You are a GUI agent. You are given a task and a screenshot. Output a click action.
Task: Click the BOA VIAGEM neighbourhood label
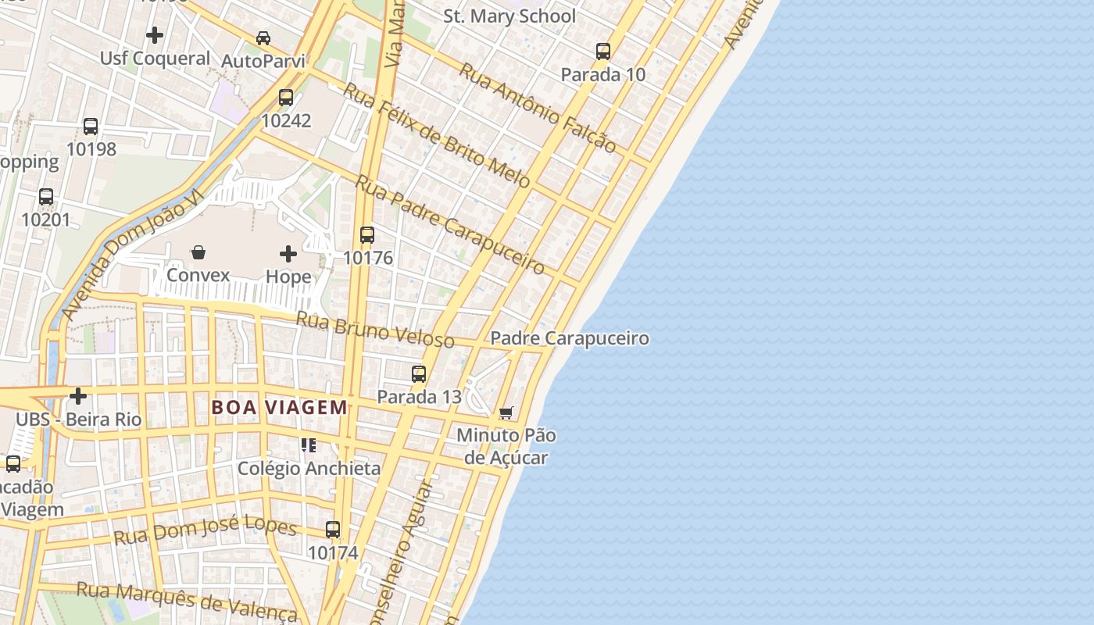pos(279,407)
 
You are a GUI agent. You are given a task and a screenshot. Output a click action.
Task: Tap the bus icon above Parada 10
pos(603,52)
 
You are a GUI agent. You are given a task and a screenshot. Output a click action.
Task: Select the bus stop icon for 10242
pos(286,98)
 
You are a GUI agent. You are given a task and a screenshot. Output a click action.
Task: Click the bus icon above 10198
pos(91,127)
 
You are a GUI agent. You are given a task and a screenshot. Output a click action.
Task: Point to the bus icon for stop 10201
pos(46,197)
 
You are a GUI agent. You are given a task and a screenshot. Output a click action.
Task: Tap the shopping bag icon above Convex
pos(198,252)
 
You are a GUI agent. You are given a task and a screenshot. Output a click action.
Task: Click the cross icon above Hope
pos(288,254)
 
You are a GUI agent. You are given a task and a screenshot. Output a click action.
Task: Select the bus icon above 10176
pos(367,235)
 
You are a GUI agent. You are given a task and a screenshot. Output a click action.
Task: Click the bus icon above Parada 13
pos(419,374)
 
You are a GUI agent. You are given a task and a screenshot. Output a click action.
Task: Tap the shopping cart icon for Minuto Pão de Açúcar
pos(506,412)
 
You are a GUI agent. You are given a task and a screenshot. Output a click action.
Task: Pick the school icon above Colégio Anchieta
pos(309,445)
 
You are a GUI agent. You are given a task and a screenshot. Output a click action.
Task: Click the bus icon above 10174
pos(333,530)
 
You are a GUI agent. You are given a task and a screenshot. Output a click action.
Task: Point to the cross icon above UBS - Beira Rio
pos(78,396)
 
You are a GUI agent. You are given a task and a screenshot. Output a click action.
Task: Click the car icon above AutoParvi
pos(263,38)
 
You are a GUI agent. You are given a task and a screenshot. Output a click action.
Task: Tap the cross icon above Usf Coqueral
pos(155,35)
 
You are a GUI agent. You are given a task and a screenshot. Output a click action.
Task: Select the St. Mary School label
pos(509,16)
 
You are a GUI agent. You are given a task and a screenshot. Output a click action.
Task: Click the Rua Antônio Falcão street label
pos(537,107)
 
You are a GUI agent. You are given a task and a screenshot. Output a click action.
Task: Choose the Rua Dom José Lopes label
pos(206,531)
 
